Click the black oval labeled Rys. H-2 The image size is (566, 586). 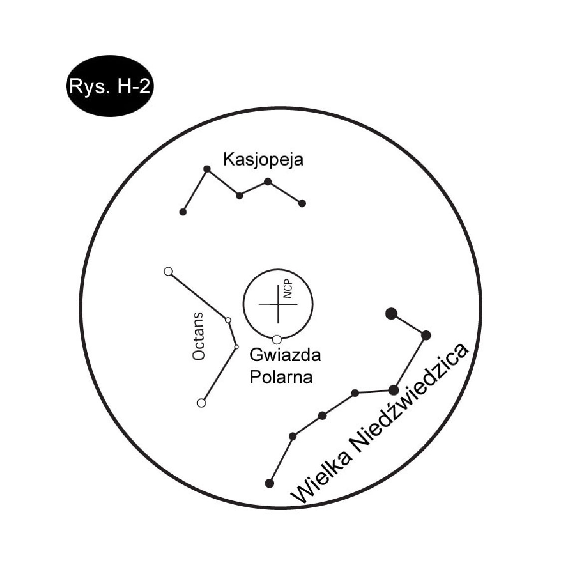[x=110, y=86]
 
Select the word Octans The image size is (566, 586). [x=199, y=336]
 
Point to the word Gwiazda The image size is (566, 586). [x=285, y=355]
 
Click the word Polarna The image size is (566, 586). [x=281, y=377]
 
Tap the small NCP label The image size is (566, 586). [x=288, y=289]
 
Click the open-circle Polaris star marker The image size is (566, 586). [x=277, y=340]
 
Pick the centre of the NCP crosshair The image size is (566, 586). [x=278, y=304]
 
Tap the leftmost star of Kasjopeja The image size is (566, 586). [x=183, y=212]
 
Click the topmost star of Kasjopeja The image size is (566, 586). [x=207, y=169]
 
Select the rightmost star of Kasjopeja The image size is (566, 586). [x=302, y=203]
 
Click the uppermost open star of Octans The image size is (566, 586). [x=169, y=271]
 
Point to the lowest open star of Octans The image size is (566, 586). [x=201, y=403]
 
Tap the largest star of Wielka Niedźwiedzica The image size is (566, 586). [x=391, y=314]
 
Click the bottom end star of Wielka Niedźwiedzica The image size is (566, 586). [x=269, y=483]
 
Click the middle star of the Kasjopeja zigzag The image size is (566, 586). [x=239, y=195]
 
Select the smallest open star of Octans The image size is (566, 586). [x=236, y=347]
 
